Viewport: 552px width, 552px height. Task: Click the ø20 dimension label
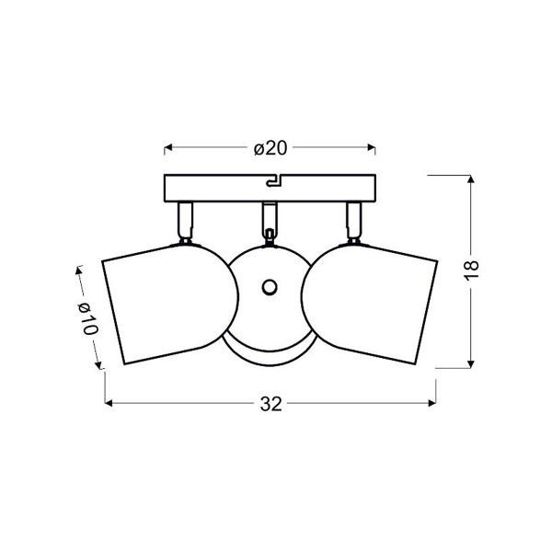[270, 148]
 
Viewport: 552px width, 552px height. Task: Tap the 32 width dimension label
[271, 404]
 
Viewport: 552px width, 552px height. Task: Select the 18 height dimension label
[471, 270]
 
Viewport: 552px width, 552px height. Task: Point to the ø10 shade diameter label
[87, 318]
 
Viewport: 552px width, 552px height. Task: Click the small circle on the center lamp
[270, 287]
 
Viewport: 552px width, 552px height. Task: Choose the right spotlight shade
[370, 304]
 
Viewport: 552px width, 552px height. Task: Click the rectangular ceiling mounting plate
[270, 188]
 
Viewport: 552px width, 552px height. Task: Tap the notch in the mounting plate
[273, 181]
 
